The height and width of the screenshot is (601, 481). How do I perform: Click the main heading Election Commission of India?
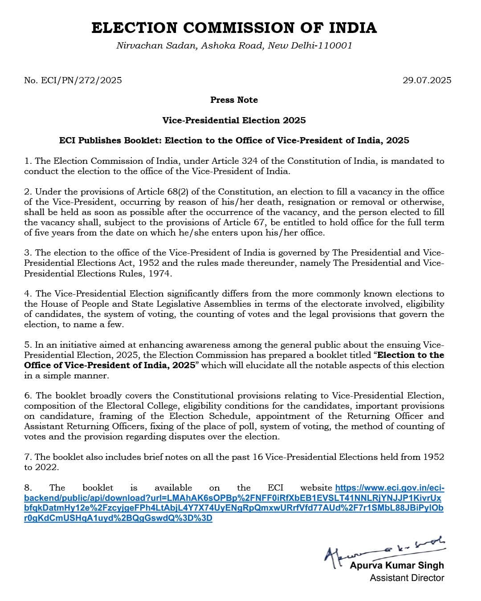click(234, 28)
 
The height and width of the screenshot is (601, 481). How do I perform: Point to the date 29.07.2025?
click(427, 80)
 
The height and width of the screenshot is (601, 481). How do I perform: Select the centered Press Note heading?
click(234, 100)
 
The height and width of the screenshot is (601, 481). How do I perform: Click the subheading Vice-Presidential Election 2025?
click(234, 120)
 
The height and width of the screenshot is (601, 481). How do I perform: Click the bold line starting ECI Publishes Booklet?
click(234, 140)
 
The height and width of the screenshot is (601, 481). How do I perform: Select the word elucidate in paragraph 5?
click(268, 365)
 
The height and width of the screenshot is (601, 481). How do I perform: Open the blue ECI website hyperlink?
click(233, 503)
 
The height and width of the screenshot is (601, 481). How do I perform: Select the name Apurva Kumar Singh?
click(397, 565)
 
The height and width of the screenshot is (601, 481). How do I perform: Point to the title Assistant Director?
click(407, 578)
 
